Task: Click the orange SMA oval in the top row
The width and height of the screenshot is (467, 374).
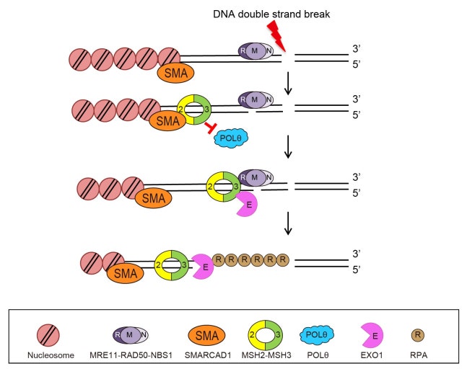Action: [x=174, y=73]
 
